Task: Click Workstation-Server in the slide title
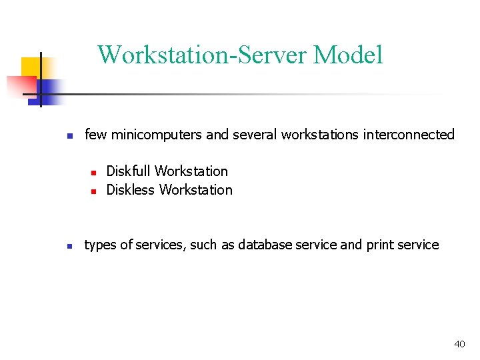[x=203, y=55]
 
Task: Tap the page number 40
[x=459, y=344]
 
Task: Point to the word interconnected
[x=409, y=135]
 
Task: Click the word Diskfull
[x=129, y=171]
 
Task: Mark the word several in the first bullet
[x=255, y=135]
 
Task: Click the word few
[x=96, y=135]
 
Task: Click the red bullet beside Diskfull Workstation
[x=93, y=173]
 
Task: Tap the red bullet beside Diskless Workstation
[x=93, y=191]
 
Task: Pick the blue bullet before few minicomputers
[x=69, y=136]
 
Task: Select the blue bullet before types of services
[x=69, y=246]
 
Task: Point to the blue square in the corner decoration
[x=49, y=88]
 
